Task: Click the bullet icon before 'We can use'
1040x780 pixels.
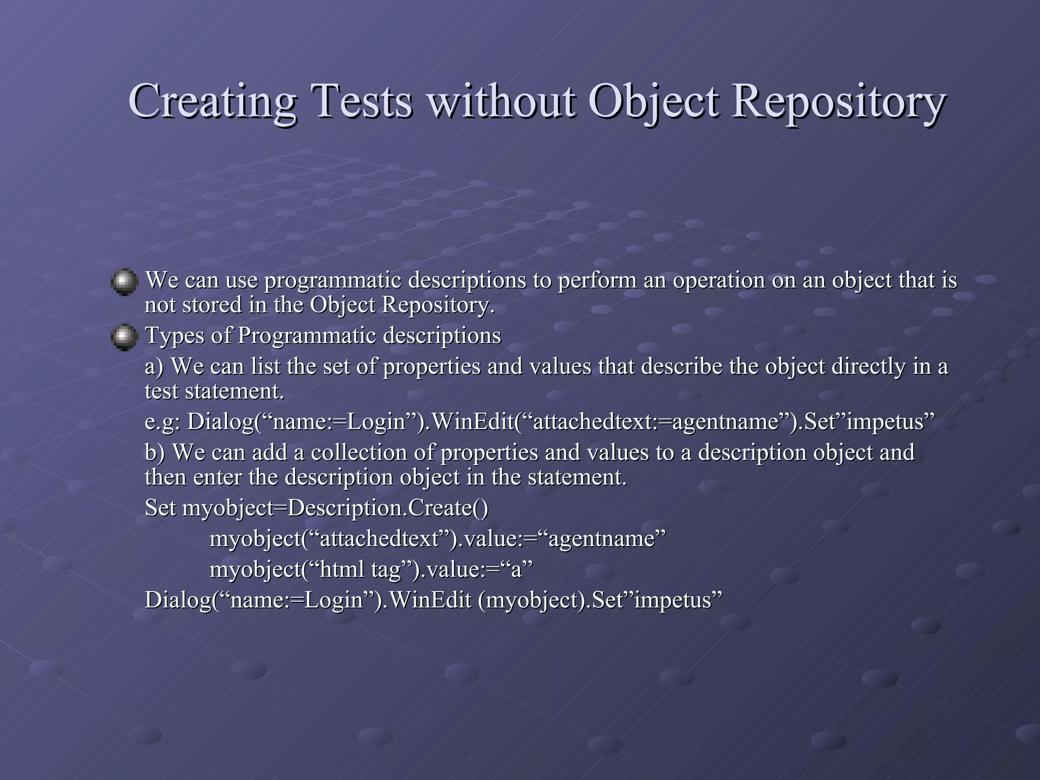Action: (x=124, y=282)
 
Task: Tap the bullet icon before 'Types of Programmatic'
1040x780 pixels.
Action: (x=124, y=338)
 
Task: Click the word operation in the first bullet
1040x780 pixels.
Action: (x=719, y=280)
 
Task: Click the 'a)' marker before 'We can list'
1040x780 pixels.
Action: (x=154, y=367)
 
